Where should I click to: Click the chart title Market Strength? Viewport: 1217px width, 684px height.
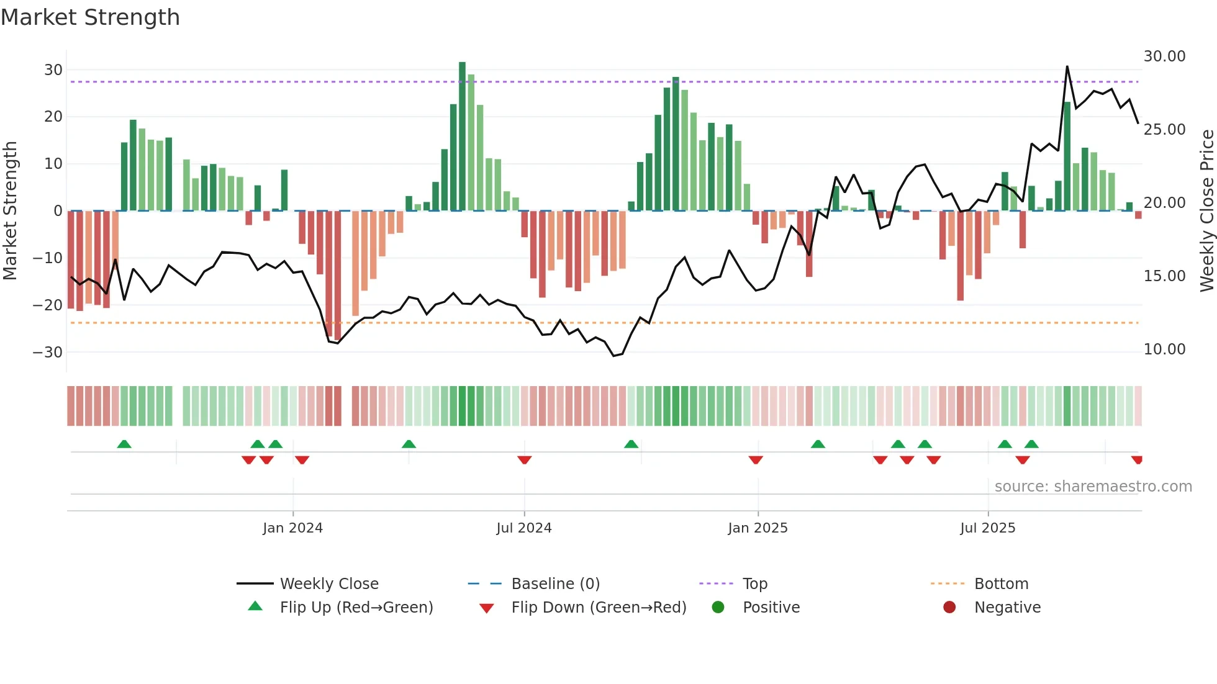[x=90, y=17]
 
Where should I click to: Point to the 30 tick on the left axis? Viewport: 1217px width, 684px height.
[x=53, y=70]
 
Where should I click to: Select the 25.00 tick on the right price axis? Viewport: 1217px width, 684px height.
[x=1164, y=130]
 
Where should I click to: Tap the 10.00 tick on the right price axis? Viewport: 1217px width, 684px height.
[x=1164, y=349]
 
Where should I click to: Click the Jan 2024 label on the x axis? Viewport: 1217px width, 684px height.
[x=292, y=528]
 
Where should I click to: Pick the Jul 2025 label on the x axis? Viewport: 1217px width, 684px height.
[x=987, y=528]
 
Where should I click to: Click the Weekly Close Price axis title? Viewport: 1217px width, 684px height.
[x=1206, y=211]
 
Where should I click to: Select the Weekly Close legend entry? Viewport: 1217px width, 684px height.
[x=328, y=584]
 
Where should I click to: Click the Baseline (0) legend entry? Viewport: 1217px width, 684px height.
[x=555, y=584]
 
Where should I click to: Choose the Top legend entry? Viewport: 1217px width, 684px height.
[x=754, y=584]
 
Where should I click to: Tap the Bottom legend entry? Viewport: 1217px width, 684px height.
[x=1001, y=584]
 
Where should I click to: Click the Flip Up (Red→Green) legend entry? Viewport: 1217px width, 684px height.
[x=356, y=608]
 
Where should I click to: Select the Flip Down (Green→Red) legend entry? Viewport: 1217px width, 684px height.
[x=599, y=608]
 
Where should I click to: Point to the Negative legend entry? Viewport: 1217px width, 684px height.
[x=1007, y=608]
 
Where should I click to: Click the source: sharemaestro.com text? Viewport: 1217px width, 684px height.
[x=1093, y=487]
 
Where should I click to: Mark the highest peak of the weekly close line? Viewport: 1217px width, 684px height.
[x=1067, y=67]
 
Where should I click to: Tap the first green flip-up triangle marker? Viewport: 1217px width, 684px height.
[x=124, y=444]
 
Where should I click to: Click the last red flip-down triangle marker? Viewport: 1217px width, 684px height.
[x=1137, y=460]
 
